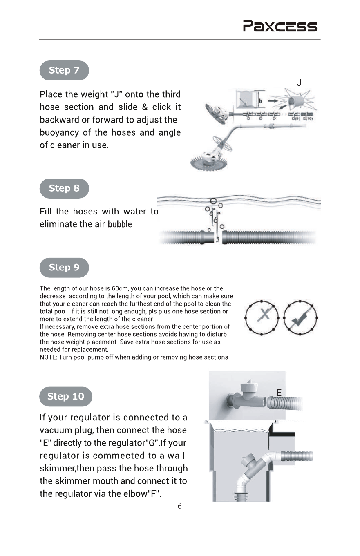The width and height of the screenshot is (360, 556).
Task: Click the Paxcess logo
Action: coord(280,26)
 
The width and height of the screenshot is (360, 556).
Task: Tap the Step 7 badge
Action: coord(64,70)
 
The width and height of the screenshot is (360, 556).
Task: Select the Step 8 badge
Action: coord(64,188)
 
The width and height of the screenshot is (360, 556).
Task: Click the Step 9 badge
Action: coord(64,268)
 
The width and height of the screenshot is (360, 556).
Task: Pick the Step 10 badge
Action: coord(66,396)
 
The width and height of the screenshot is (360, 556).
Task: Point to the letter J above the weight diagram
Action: coord(299,83)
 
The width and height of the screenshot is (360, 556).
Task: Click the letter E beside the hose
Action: coord(279,393)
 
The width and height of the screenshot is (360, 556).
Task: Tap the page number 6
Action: coord(180,506)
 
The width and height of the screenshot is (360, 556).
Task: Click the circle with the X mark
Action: coord(262,318)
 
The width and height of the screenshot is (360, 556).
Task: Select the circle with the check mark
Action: coord(300,318)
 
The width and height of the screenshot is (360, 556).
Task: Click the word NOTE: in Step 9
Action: coord(49,357)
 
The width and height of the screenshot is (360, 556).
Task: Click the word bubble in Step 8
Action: coord(120,224)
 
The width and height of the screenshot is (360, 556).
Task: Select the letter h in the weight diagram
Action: coord(260,101)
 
